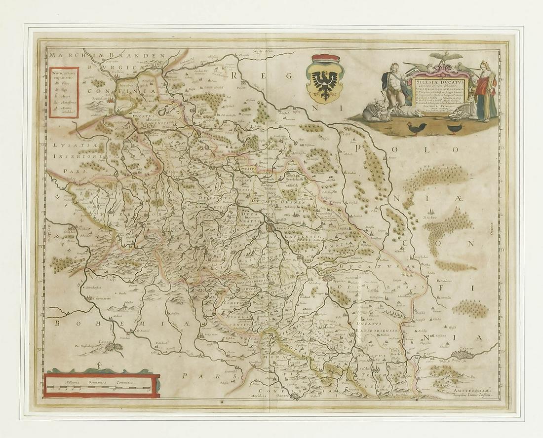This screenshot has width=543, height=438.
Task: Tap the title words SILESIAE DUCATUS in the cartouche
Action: pos(439,77)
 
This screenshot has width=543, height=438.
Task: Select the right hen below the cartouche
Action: pos(455,128)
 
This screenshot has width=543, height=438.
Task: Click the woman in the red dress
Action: pos(486,91)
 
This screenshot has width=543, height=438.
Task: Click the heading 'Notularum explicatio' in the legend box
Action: pos(64,77)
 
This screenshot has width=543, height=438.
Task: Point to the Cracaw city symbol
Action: pos(462,355)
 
